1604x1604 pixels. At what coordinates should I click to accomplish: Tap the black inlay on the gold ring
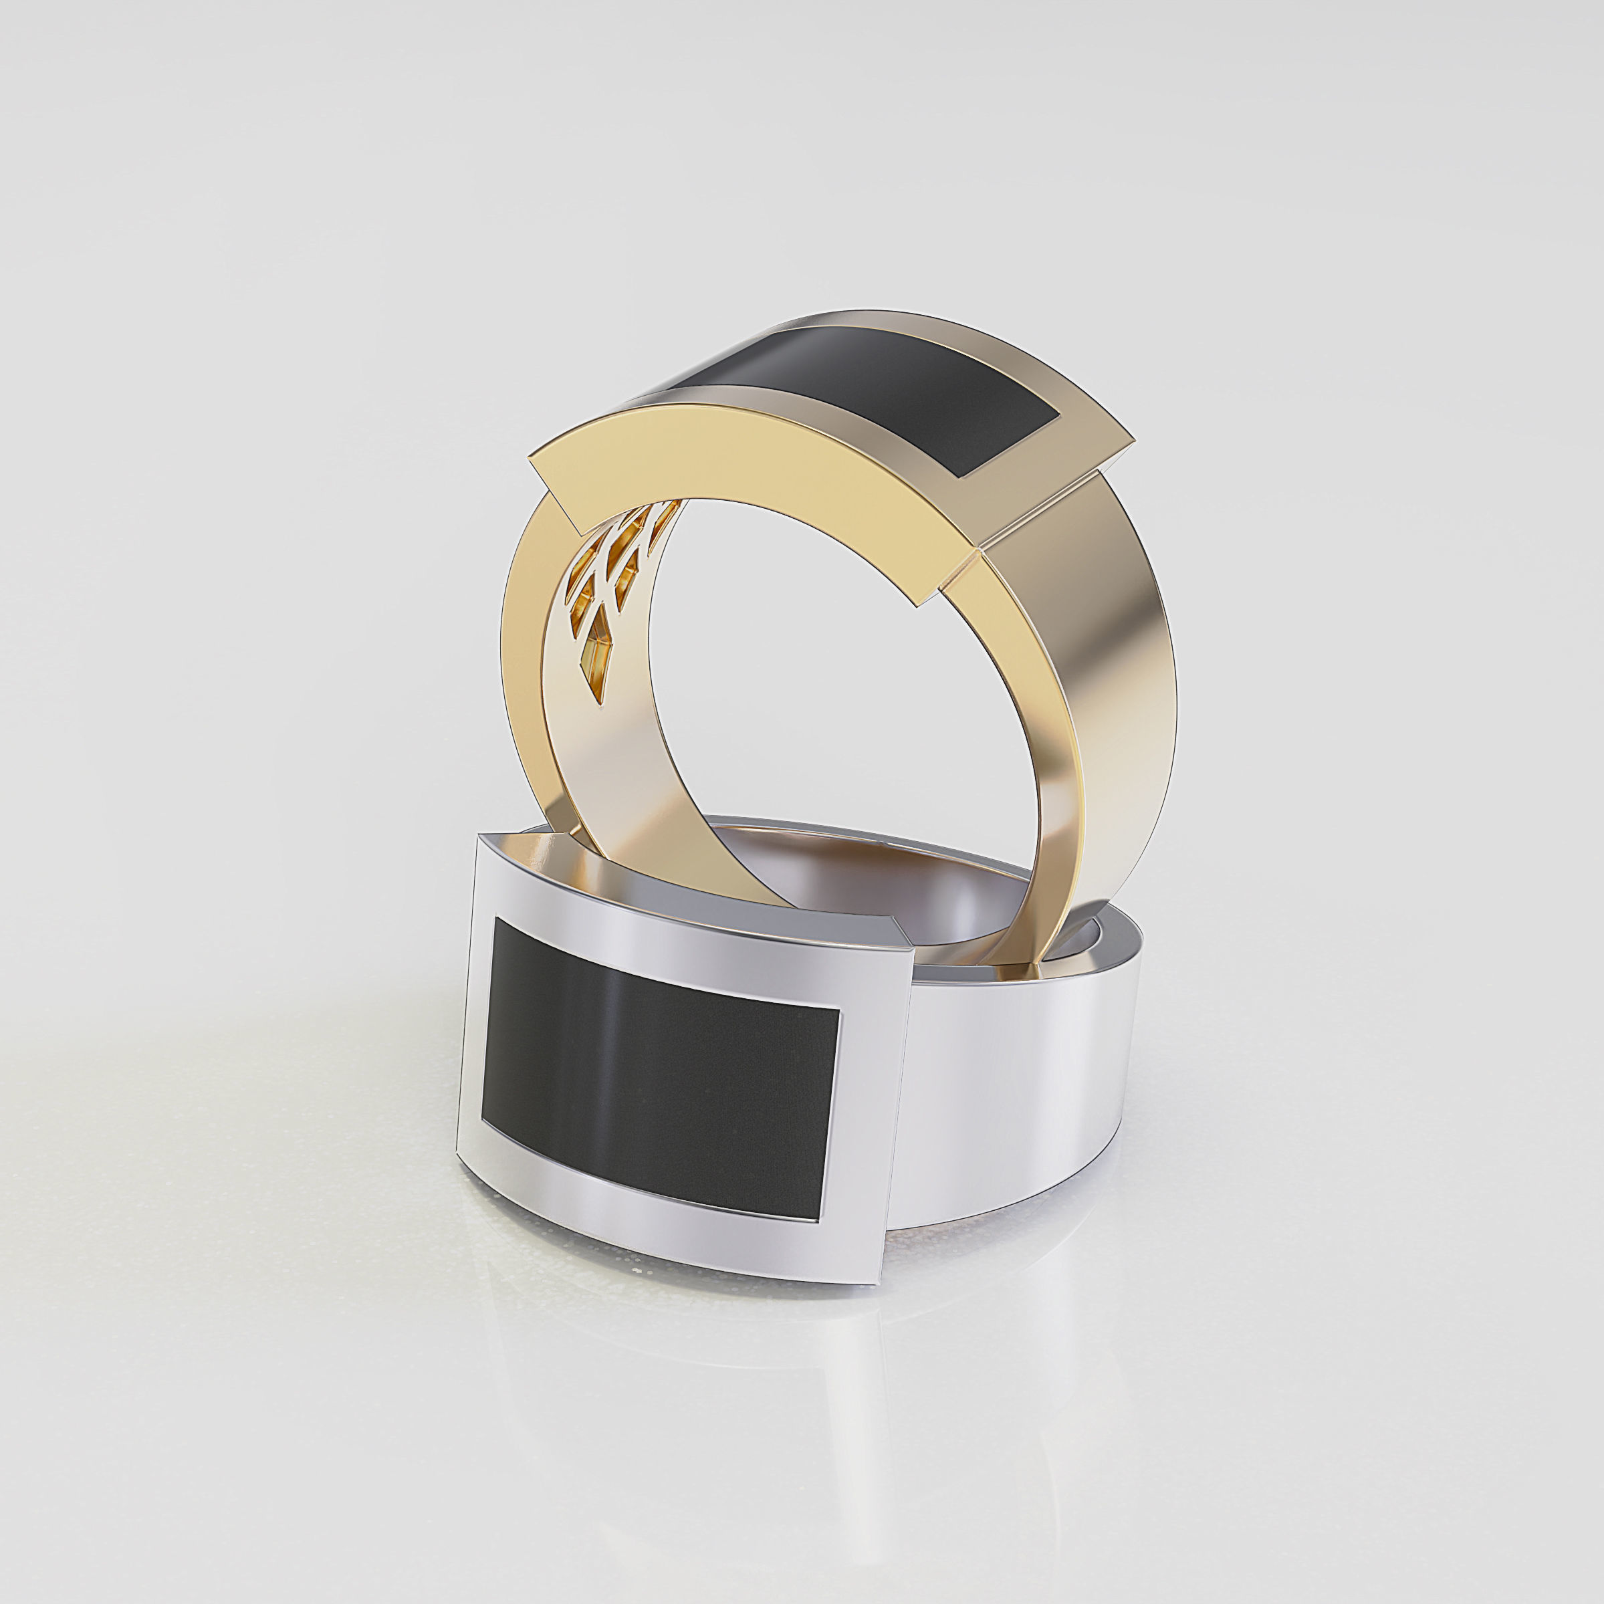(x=880, y=390)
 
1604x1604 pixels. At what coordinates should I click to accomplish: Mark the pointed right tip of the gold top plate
(x=1133, y=432)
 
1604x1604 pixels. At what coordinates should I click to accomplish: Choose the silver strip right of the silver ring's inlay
(x=872, y=1113)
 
